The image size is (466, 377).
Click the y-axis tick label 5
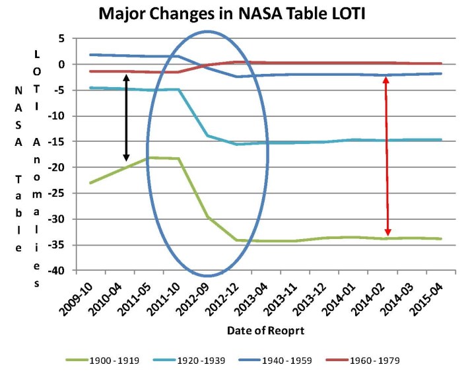63,38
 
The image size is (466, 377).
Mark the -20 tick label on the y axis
59,168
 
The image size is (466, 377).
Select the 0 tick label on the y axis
63,64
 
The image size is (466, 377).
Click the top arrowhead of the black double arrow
127,77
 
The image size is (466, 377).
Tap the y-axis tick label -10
59,116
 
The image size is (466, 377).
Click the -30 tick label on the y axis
59,219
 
